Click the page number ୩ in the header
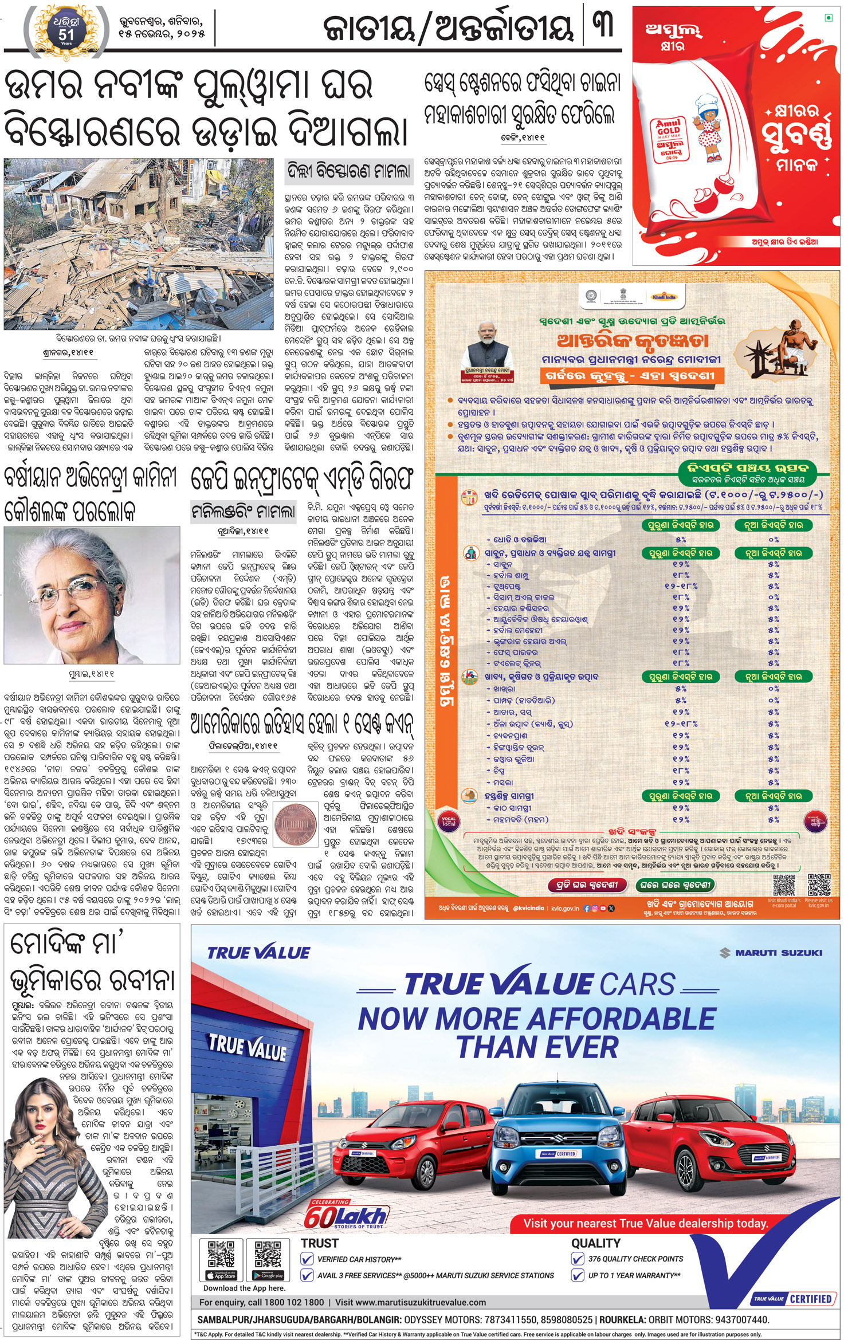(603, 25)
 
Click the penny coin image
(296, 822)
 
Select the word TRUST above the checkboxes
(320, 1243)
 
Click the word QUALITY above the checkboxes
(595, 1243)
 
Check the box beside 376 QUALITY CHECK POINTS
(578, 1259)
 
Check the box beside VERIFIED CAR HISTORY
(307, 1259)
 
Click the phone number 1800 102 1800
(295, 1302)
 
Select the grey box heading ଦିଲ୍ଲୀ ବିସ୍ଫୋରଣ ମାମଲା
(349, 171)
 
